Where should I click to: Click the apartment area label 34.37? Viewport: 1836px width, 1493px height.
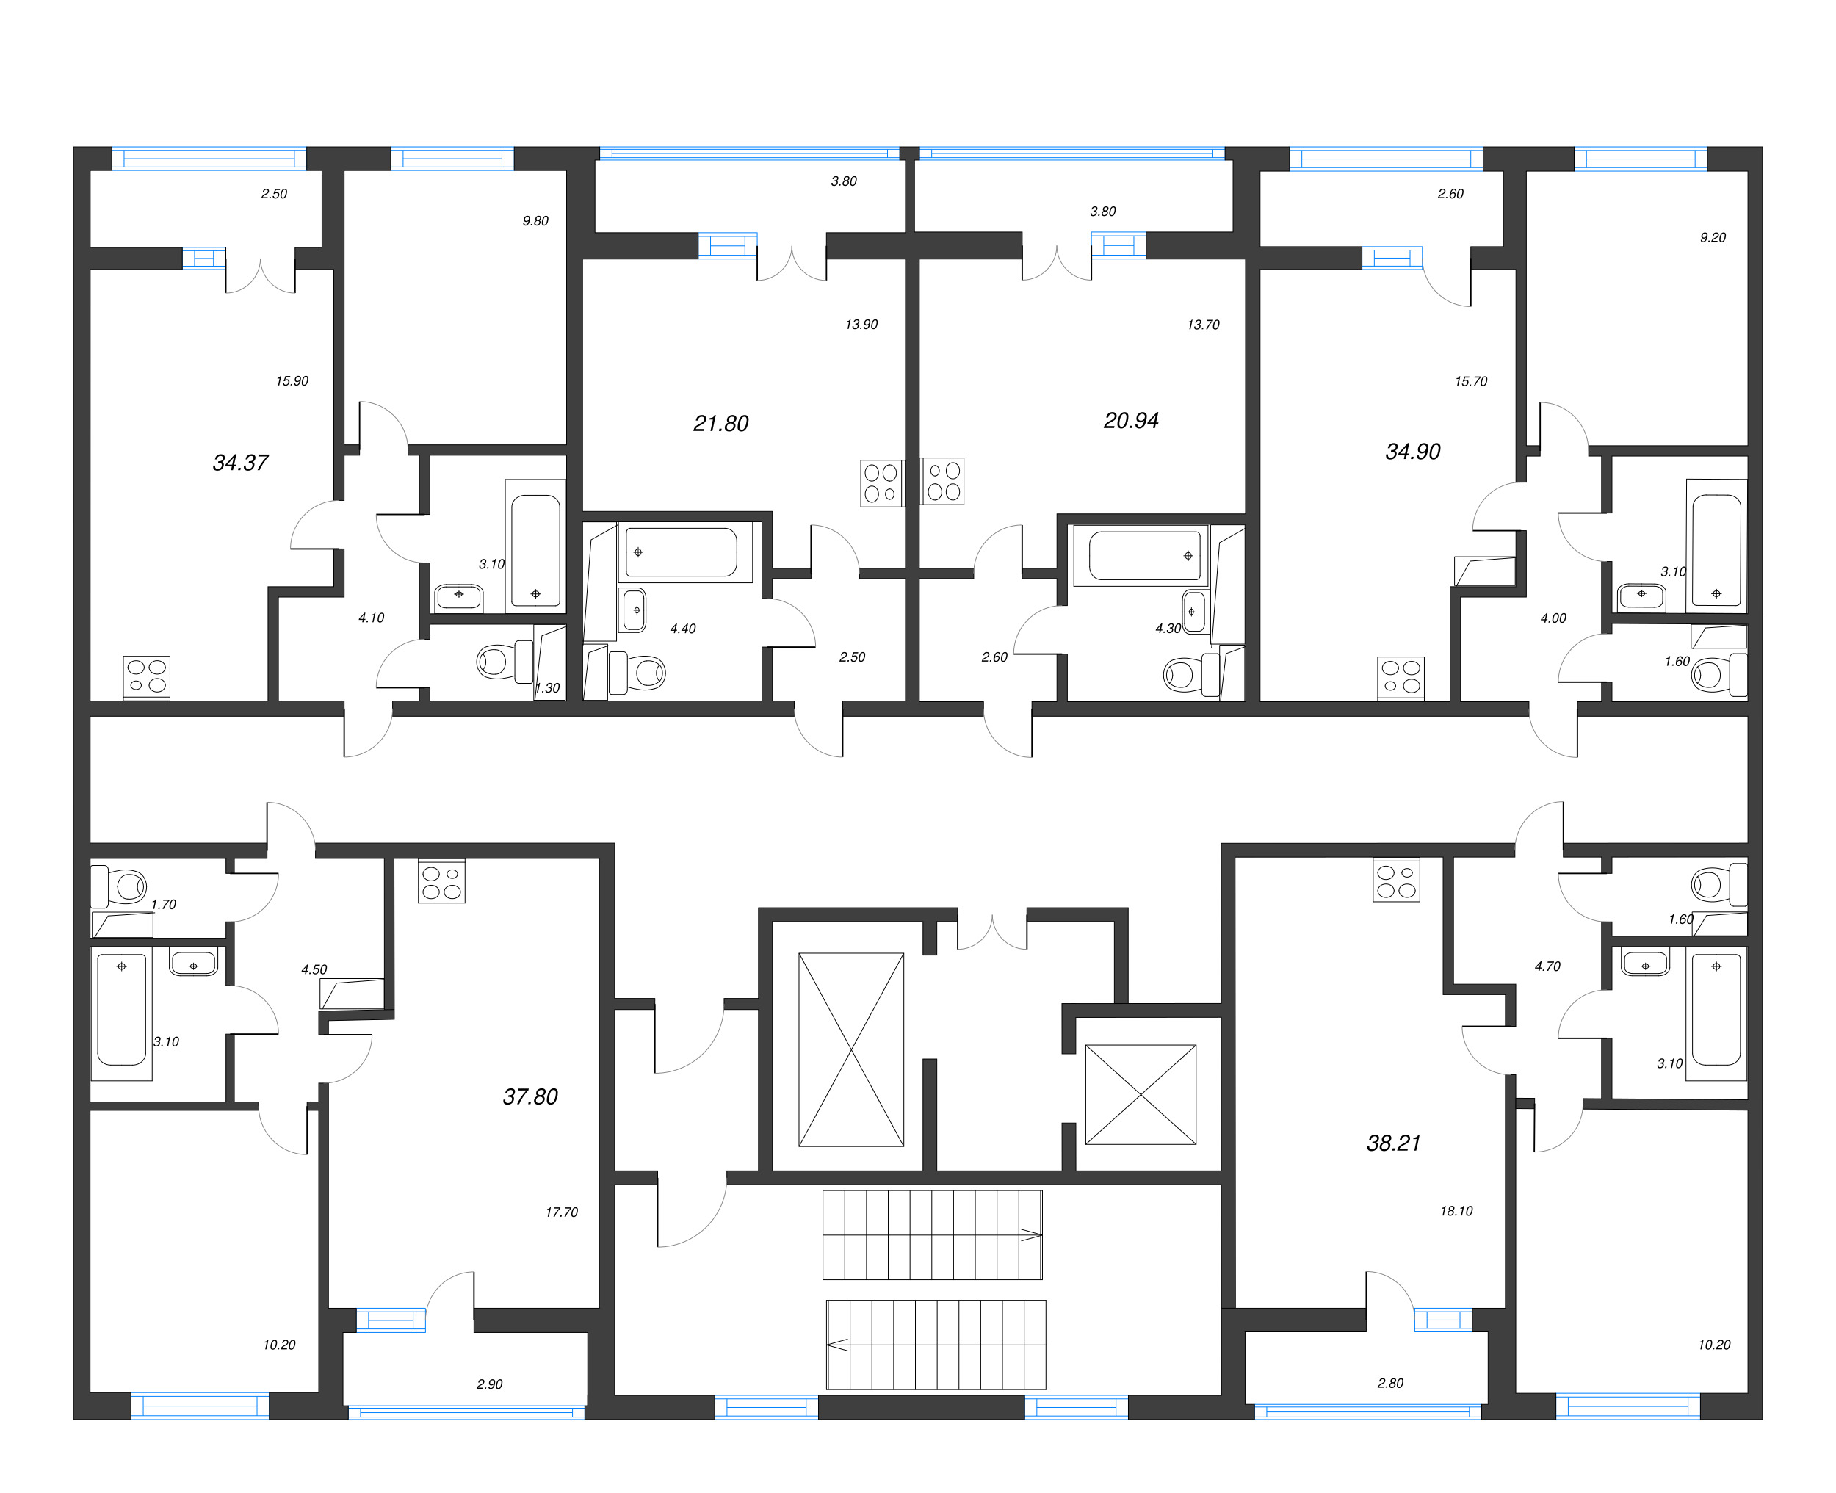[x=240, y=463]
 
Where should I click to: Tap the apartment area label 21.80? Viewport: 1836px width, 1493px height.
[x=720, y=423]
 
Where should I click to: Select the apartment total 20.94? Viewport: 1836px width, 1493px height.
[x=1131, y=421]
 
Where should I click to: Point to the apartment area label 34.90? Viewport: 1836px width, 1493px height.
[x=1412, y=452]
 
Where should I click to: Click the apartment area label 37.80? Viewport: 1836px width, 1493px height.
[x=530, y=1096]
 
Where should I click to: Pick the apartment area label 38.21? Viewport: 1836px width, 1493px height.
[x=1393, y=1143]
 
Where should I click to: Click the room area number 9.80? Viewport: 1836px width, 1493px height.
[x=535, y=221]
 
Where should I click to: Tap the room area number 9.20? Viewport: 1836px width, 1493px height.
[x=1712, y=237]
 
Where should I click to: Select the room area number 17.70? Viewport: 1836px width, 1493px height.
[x=562, y=1212]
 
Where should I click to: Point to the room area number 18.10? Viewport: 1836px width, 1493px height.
[x=1456, y=1211]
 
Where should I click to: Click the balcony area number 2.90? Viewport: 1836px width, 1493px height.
[x=489, y=1384]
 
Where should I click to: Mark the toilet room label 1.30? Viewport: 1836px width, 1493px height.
[x=547, y=688]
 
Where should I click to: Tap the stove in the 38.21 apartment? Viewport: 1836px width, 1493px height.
[x=1395, y=881]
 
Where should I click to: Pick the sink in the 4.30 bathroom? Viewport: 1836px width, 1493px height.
[x=1193, y=612]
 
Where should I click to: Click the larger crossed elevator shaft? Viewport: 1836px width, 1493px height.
[x=850, y=1049]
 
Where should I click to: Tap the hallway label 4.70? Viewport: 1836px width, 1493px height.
[x=1547, y=966]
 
